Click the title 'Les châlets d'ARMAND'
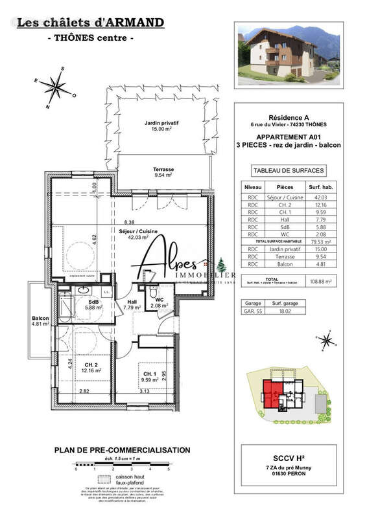90,23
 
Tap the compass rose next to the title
58,87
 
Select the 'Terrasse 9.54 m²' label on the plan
163,172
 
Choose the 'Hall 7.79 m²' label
132,304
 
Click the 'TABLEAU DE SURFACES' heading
289,172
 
